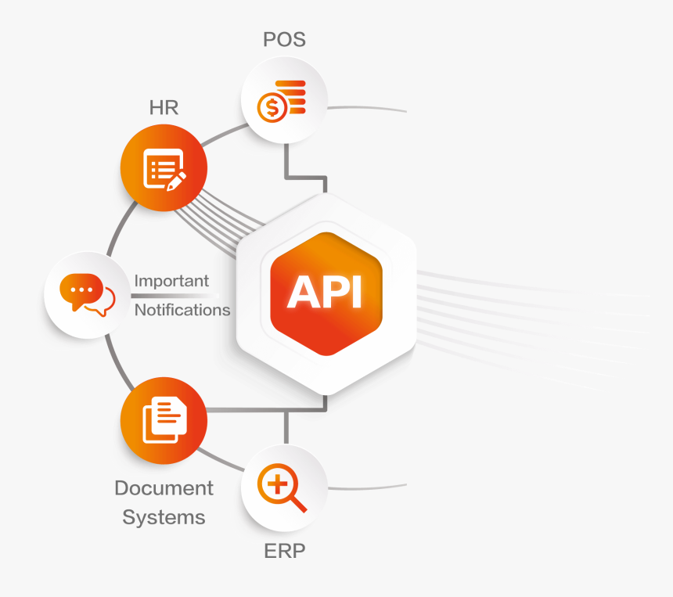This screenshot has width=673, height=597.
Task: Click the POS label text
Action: click(284, 39)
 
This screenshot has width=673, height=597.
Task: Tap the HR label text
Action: click(164, 107)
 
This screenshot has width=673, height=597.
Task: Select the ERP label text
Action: click(284, 551)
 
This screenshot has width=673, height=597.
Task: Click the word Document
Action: click(164, 488)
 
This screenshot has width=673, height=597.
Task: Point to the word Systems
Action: click(164, 517)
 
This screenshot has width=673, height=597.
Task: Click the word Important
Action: click(171, 280)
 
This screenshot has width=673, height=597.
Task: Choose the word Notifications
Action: click(182, 310)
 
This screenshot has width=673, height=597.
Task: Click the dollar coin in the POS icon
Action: click(272, 106)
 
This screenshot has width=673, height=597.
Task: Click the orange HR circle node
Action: click(164, 169)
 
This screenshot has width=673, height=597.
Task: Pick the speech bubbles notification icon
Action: click(87, 294)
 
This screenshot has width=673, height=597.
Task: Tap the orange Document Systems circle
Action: click(164, 421)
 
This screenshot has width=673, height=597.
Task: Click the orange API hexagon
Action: click(326, 293)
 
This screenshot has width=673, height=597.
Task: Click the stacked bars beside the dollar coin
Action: click(296, 98)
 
